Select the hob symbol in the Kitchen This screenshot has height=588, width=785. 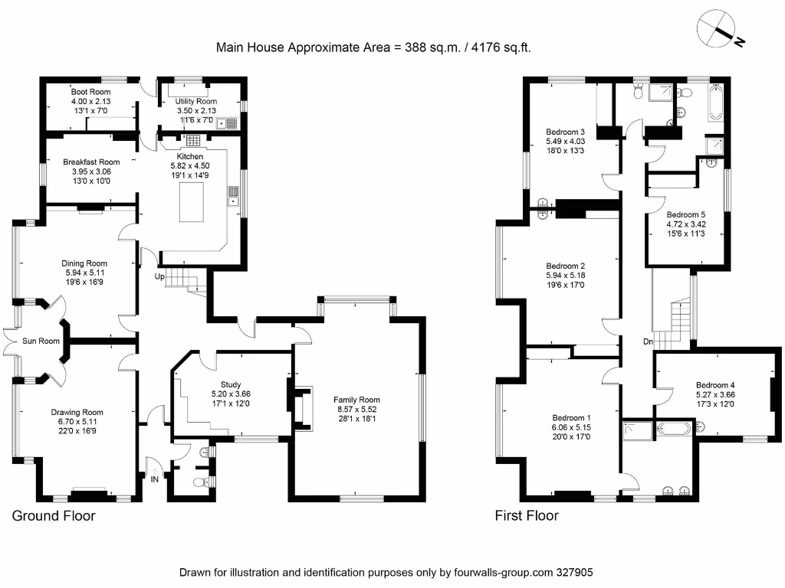[x=192, y=140]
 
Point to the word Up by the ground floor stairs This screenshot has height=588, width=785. [x=159, y=276]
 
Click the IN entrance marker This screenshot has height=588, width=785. [x=155, y=479]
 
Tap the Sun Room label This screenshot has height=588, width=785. [x=41, y=341]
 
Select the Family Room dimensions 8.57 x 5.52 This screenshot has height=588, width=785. [x=356, y=410]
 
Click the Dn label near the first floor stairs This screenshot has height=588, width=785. [x=648, y=342]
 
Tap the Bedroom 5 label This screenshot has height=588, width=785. [x=685, y=214]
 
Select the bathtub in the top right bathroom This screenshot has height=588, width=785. [x=716, y=103]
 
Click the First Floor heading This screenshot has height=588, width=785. [x=526, y=515]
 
